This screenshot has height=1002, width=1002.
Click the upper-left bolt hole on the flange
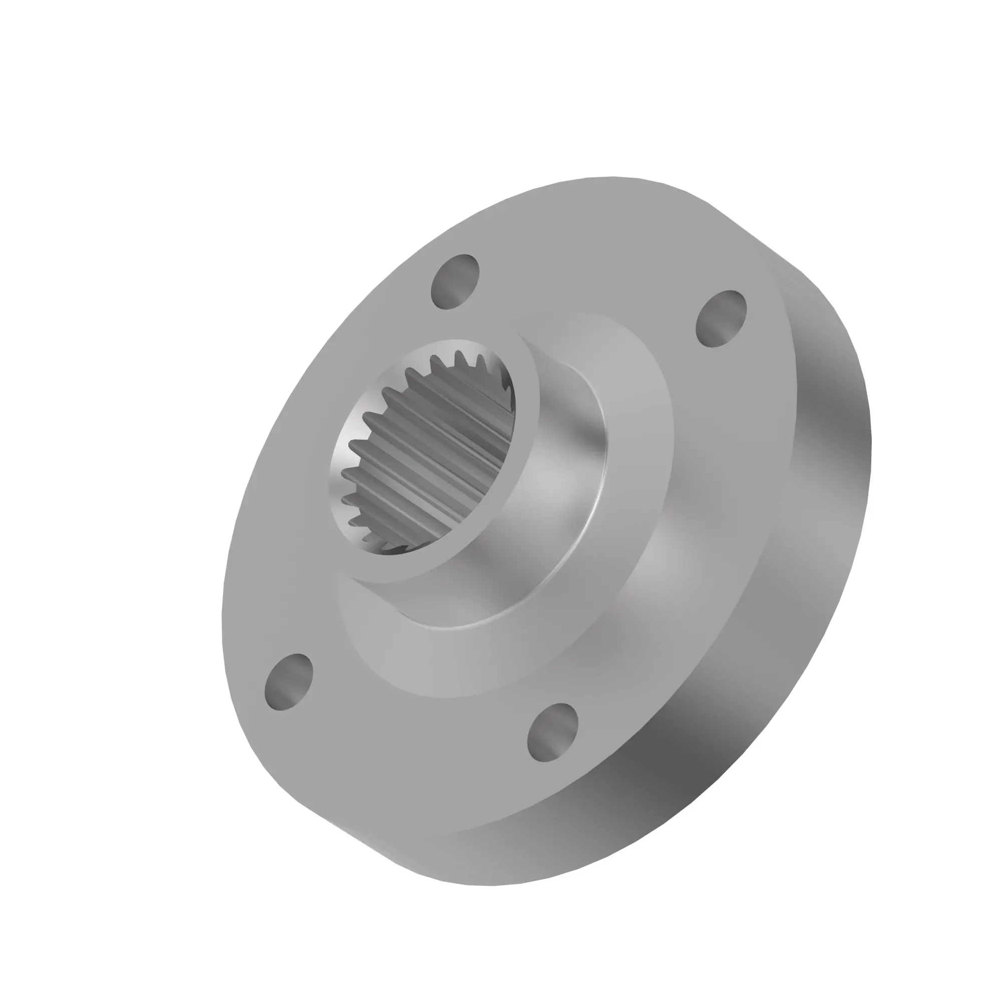coord(455,282)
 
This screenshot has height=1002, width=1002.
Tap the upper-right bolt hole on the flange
coord(721,319)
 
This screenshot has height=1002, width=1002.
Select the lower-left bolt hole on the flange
coord(289,681)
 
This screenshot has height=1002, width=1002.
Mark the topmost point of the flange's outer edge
coord(612,177)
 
